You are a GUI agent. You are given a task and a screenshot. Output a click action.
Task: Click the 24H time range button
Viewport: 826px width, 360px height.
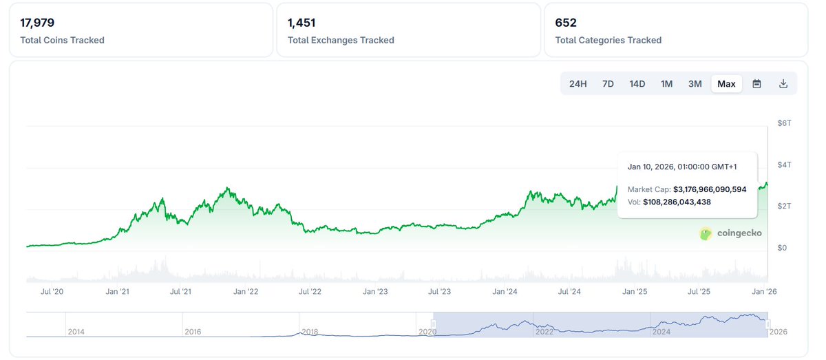click(x=578, y=84)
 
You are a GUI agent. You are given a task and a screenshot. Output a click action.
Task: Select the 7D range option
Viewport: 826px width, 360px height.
click(x=608, y=84)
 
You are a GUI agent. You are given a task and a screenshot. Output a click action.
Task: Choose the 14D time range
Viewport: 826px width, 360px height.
click(x=637, y=84)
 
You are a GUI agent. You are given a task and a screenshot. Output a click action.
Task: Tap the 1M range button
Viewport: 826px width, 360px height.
click(x=666, y=84)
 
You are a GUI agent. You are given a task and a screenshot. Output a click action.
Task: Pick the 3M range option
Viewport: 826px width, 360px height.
click(x=695, y=84)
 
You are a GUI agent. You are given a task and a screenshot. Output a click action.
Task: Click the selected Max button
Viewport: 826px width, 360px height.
click(x=726, y=84)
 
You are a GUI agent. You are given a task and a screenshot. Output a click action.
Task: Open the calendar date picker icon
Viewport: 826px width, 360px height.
click(x=756, y=84)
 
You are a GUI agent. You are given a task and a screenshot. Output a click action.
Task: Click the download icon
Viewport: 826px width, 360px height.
click(x=783, y=84)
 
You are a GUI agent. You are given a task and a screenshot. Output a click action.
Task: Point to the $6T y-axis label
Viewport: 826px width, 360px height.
click(x=784, y=123)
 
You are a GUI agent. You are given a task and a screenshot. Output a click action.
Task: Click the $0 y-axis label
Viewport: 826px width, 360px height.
click(x=783, y=248)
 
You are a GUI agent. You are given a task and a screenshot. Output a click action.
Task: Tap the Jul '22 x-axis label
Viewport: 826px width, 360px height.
click(x=310, y=292)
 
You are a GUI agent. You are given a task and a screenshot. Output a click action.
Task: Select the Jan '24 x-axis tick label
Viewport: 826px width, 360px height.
click(x=505, y=292)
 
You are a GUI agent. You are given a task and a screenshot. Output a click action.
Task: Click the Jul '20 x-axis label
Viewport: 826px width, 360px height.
click(x=52, y=292)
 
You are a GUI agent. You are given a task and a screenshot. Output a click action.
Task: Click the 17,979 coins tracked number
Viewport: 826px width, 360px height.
click(x=37, y=23)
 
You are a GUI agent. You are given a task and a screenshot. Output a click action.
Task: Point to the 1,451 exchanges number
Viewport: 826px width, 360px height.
click(x=301, y=23)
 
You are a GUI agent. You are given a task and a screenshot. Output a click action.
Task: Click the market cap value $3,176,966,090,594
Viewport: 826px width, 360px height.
click(x=710, y=189)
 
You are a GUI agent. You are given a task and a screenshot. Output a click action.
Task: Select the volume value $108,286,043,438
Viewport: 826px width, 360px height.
click(x=677, y=202)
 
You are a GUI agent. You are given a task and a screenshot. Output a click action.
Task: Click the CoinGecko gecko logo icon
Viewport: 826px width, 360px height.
click(x=706, y=234)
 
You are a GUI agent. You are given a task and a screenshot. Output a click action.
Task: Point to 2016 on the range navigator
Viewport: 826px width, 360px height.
click(x=193, y=332)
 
